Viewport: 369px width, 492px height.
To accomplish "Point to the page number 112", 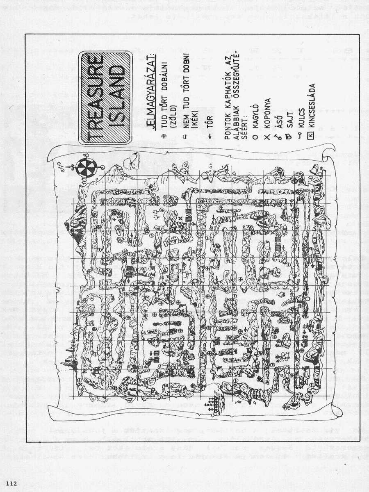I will click(11, 483).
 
